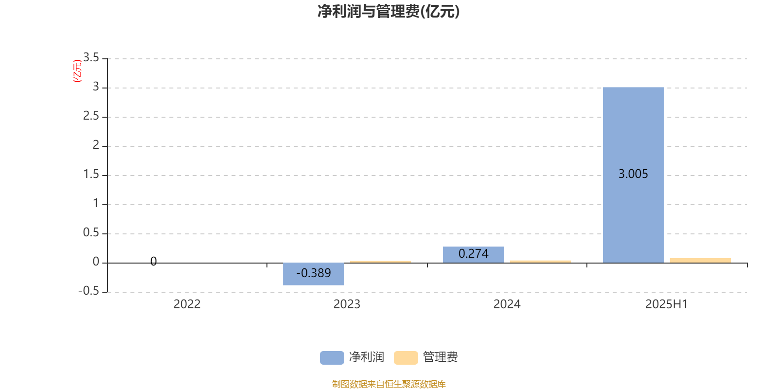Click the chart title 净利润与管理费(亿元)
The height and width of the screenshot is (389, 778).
pos(389,12)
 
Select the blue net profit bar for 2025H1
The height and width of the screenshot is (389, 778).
pos(633,175)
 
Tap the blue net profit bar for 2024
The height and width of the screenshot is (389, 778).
pos(474,255)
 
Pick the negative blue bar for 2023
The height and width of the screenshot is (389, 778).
pos(313,274)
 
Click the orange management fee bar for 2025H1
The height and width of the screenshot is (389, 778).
pos(700,261)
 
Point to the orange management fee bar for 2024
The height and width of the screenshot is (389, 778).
pos(540,262)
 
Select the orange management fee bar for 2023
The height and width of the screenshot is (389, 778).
pos(380,262)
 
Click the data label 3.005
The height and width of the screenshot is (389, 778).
pos(633,174)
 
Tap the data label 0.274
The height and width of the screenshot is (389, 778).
pos(474,253)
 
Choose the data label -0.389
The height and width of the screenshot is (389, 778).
pos(313,273)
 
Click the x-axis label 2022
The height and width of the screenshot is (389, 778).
pos(187,304)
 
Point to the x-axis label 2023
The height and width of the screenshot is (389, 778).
pos(347,304)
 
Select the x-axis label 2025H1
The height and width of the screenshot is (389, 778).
pos(667,304)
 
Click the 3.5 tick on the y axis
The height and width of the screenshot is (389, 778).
pos(91,57)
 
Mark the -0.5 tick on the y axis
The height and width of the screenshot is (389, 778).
pos(88,291)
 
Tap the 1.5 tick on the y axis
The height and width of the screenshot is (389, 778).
pos(91,174)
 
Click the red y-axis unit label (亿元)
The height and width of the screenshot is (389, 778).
pos(77,71)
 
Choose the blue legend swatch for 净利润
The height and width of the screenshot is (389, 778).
pos(332,358)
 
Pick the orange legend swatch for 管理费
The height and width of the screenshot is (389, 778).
pos(406,358)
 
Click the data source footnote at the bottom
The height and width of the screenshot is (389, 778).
pos(389,384)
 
